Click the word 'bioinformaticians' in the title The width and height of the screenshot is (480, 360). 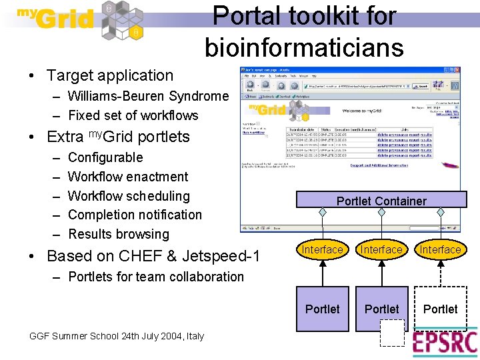[x=304, y=47]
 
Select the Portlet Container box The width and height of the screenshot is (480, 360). [x=381, y=201]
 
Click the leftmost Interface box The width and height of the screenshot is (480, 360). [x=322, y=249]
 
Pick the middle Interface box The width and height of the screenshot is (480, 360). [x=381, y=249]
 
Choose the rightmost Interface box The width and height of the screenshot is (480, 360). [x=440, y=249]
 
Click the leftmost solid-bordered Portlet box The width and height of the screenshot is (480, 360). [x=322, y=309]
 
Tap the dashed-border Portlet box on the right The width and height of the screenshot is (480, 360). [x=441, y=309]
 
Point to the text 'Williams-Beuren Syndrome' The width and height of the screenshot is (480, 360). [x=148, y=96]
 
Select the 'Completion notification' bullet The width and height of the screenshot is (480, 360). [x=135, y=215]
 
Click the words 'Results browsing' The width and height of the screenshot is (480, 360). [x=119, y=234]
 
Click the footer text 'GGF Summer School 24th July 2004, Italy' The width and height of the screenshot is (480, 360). [x=117, y=336]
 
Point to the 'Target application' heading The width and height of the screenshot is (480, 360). [x=110, y=76]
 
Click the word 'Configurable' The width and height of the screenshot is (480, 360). [x=105, y=157]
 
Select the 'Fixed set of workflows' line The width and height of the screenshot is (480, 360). [x=133, y=115]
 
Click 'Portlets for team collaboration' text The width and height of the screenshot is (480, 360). [x=156, y=276]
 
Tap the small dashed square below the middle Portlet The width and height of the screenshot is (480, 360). [x=393, y=333]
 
